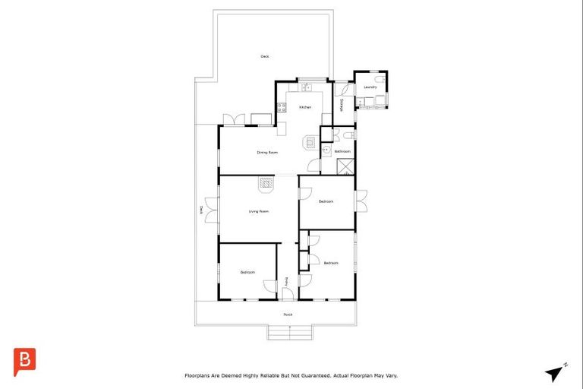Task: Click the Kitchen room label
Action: tap(305, 107)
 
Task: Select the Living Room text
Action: tap(259, 211)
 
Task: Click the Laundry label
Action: tap(370, 87)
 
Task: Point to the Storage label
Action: tap(342, 104)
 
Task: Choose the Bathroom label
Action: tap(342, 151)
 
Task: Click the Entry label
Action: tap(286, 282)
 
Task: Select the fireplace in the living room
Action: tap(265, 182)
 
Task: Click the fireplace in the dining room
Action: tap(310, 141)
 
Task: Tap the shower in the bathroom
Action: tap(345, 167)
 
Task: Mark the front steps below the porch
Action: tap(291, 332)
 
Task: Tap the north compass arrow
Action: tap(554, 373)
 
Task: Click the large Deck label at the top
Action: tap(265, 56)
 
